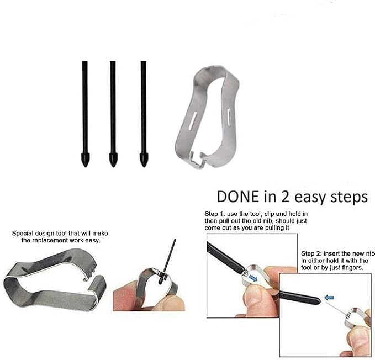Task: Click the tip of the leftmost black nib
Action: tap(86, 166)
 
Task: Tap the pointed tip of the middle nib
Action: tap(113, 166)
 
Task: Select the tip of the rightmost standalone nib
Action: tap(143, 166)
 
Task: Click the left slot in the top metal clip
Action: tap(193, 119)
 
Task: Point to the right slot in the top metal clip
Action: tap(229, 116)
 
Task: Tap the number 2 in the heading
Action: tap(285, 197)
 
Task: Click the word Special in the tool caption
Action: tap(22, 234)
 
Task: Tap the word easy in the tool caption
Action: tap(92, 241)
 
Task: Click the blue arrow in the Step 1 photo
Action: tap(253, 278)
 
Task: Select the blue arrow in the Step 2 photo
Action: tap(329, 298)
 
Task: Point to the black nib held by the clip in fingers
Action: tap(169, 260)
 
